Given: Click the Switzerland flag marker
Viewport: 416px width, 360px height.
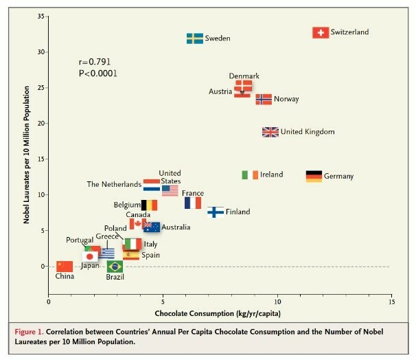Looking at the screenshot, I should pos(321,32).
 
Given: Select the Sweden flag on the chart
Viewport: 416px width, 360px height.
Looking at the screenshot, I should pos(195,38).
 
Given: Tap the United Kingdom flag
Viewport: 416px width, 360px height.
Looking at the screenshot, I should pos(270,132).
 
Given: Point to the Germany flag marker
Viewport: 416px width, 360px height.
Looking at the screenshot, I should pos(314,176).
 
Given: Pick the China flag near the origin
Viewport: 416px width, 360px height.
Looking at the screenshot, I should pos(65,266).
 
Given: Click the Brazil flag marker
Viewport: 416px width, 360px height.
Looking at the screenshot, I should pos(115,267).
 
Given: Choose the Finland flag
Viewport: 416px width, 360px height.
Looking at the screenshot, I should pos(216,212).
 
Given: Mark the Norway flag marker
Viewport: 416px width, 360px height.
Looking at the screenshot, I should pos(264,99).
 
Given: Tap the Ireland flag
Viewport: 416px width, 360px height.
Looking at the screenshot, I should pos(250,175).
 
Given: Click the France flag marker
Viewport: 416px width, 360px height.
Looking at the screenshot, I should pos(193,203).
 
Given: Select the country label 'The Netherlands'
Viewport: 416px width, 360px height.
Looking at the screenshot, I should pos(113,184).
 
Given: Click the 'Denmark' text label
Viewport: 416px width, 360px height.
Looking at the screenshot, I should pos(244,76).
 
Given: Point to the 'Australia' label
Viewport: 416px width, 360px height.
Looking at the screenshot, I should pos(176,227).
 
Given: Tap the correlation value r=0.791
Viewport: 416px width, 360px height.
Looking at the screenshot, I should pos(95,62).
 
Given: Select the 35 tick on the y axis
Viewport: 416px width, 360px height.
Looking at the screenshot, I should pos(42,16).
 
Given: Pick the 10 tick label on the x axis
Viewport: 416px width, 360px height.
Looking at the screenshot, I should pos(277,301).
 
